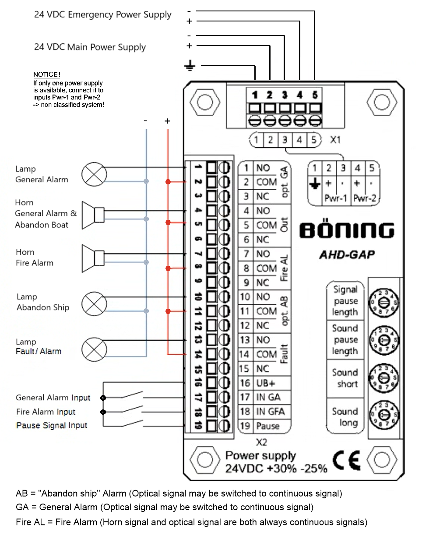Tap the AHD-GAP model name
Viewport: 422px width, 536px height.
[x=347, y=255]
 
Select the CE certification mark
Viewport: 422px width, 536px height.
[x=347, y=460]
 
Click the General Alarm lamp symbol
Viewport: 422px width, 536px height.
[x=94, y=174]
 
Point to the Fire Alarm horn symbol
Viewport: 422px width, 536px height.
[x=93, y=258]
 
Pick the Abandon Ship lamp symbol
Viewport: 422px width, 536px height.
[x=94, y=304]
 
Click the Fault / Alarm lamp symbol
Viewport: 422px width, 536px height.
[x=94, y=349]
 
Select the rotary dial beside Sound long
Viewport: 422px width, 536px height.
[x=383, y=415]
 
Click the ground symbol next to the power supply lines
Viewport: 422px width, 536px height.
[x=190, y=66]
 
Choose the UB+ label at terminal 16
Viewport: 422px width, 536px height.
[x=266, y=383]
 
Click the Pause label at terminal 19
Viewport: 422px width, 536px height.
[x=268, y=426]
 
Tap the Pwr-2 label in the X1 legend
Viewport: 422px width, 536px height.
[x=365, y=198]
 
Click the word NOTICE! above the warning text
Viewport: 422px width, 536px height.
[x=47, y=74]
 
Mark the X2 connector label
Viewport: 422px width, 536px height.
[x=261, y=442]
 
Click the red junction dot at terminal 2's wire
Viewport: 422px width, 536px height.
[x=168, y=182]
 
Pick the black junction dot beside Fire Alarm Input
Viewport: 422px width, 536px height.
[x=103, y=412]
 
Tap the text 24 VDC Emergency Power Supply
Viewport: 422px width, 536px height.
[x=102, y=15]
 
